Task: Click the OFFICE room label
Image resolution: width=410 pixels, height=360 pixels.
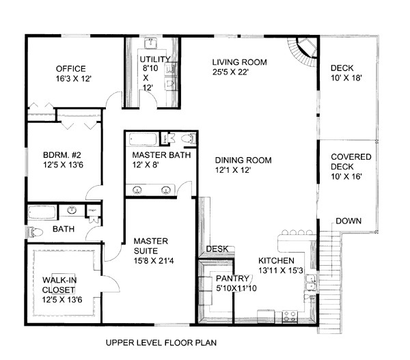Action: (x=71, y=68)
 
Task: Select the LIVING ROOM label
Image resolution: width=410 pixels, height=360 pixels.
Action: (x=238, y=62)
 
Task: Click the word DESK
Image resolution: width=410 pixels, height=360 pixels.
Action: (x=217, y=249)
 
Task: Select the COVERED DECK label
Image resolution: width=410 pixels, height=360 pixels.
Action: (x=351, y=161)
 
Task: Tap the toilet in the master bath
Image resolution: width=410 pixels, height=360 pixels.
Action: (x=189, y=139)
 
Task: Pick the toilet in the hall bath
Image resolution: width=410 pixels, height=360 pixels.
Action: (x=35, y=233)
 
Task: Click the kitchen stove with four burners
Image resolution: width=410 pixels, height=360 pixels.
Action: (x=290, y=316)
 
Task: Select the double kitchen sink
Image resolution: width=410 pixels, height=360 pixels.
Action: (x=311, y=281)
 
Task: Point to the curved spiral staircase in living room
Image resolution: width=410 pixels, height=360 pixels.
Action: (x=303, y=52)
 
